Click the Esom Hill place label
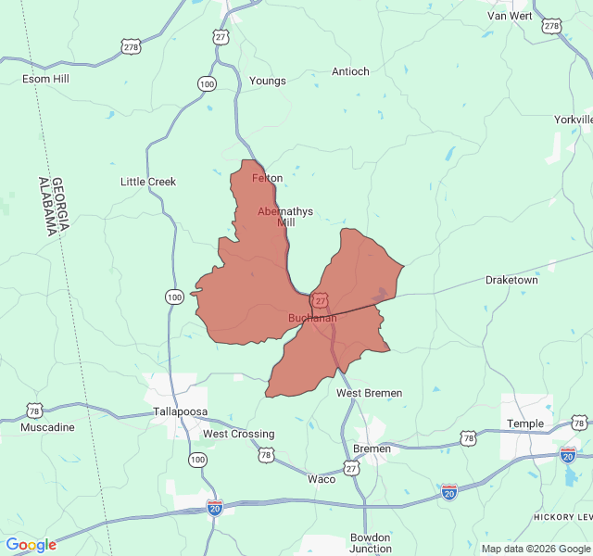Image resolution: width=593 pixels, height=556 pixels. (46, 80)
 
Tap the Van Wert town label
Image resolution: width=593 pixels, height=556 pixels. (510, 16)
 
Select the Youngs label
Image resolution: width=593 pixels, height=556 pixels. (268, 81)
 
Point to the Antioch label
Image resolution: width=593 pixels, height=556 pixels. (350, 71)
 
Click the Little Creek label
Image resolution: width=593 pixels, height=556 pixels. (148, 182)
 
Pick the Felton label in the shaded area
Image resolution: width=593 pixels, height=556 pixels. (268, 178)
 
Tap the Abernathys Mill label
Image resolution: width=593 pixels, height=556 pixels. (285, 217)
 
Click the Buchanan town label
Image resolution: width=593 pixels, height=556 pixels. (312, 318)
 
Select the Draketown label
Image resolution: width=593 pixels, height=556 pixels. (511, 280)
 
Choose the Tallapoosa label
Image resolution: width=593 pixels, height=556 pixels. (181, 411)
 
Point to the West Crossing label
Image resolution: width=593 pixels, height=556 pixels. (239, 434)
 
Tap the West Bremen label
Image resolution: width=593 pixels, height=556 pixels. (370, 393)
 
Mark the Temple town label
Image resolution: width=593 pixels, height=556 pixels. (525, 423)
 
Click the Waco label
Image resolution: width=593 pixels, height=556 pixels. (322, 479)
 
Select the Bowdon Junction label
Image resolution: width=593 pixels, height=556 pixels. (371, 543)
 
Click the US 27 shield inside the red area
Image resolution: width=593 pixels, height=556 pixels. (320, 301)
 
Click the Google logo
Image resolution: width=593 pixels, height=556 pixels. (31, 545)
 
